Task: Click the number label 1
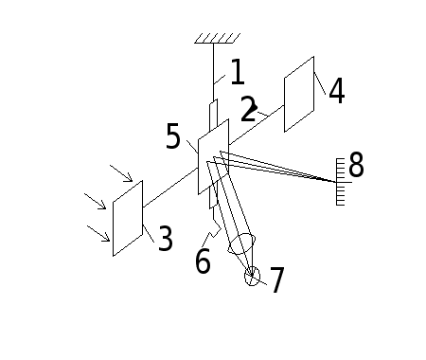(238, 72)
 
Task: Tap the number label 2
(248, 109)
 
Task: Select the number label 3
(166, 238)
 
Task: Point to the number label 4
(337, 91)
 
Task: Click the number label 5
(173, 136)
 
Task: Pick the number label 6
(203, 261)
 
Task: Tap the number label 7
(277, 279)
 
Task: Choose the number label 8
(356, 164)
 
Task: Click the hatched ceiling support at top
(218, 38)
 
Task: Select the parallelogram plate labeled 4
(299, 94)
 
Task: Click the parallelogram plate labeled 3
(128, 218)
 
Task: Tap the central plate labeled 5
(213, 156)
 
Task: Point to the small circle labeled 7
(252, 277)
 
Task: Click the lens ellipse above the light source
(241, 244)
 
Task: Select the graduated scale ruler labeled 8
(341, 182)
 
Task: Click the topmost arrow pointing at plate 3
(121, 173)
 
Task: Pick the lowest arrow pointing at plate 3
(98, 233)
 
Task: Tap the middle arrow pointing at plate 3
(95, 201)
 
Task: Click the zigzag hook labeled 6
(214, 226)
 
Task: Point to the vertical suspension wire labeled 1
(213, 72)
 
